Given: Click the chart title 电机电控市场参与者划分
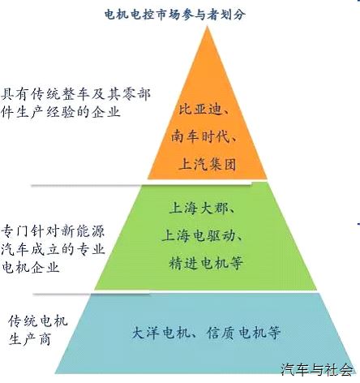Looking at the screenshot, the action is coord(175,15).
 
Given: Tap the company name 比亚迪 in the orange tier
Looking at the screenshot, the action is coord(200,110).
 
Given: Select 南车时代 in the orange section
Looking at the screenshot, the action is coord(200,136).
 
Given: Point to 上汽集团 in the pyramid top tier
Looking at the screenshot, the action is coord(208,164).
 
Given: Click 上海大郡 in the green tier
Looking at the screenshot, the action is coord(199,209).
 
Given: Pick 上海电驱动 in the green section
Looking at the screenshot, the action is coord(199,235).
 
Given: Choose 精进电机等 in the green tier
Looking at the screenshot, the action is coord(206,263).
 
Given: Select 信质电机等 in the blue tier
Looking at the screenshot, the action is coord(243,333).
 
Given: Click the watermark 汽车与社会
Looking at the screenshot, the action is coord(317,369).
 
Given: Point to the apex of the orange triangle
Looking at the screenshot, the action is coord(208,27).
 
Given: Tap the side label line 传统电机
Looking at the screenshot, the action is coord(38,321).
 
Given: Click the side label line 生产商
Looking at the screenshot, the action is coord(30,339).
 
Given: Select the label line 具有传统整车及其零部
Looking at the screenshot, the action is coord(76,94).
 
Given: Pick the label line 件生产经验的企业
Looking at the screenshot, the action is coord(61,112).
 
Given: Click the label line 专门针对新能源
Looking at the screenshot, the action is coord(53,231).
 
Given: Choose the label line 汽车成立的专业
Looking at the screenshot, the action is coord(53,249).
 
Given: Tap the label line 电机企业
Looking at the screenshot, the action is coord(31,267).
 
